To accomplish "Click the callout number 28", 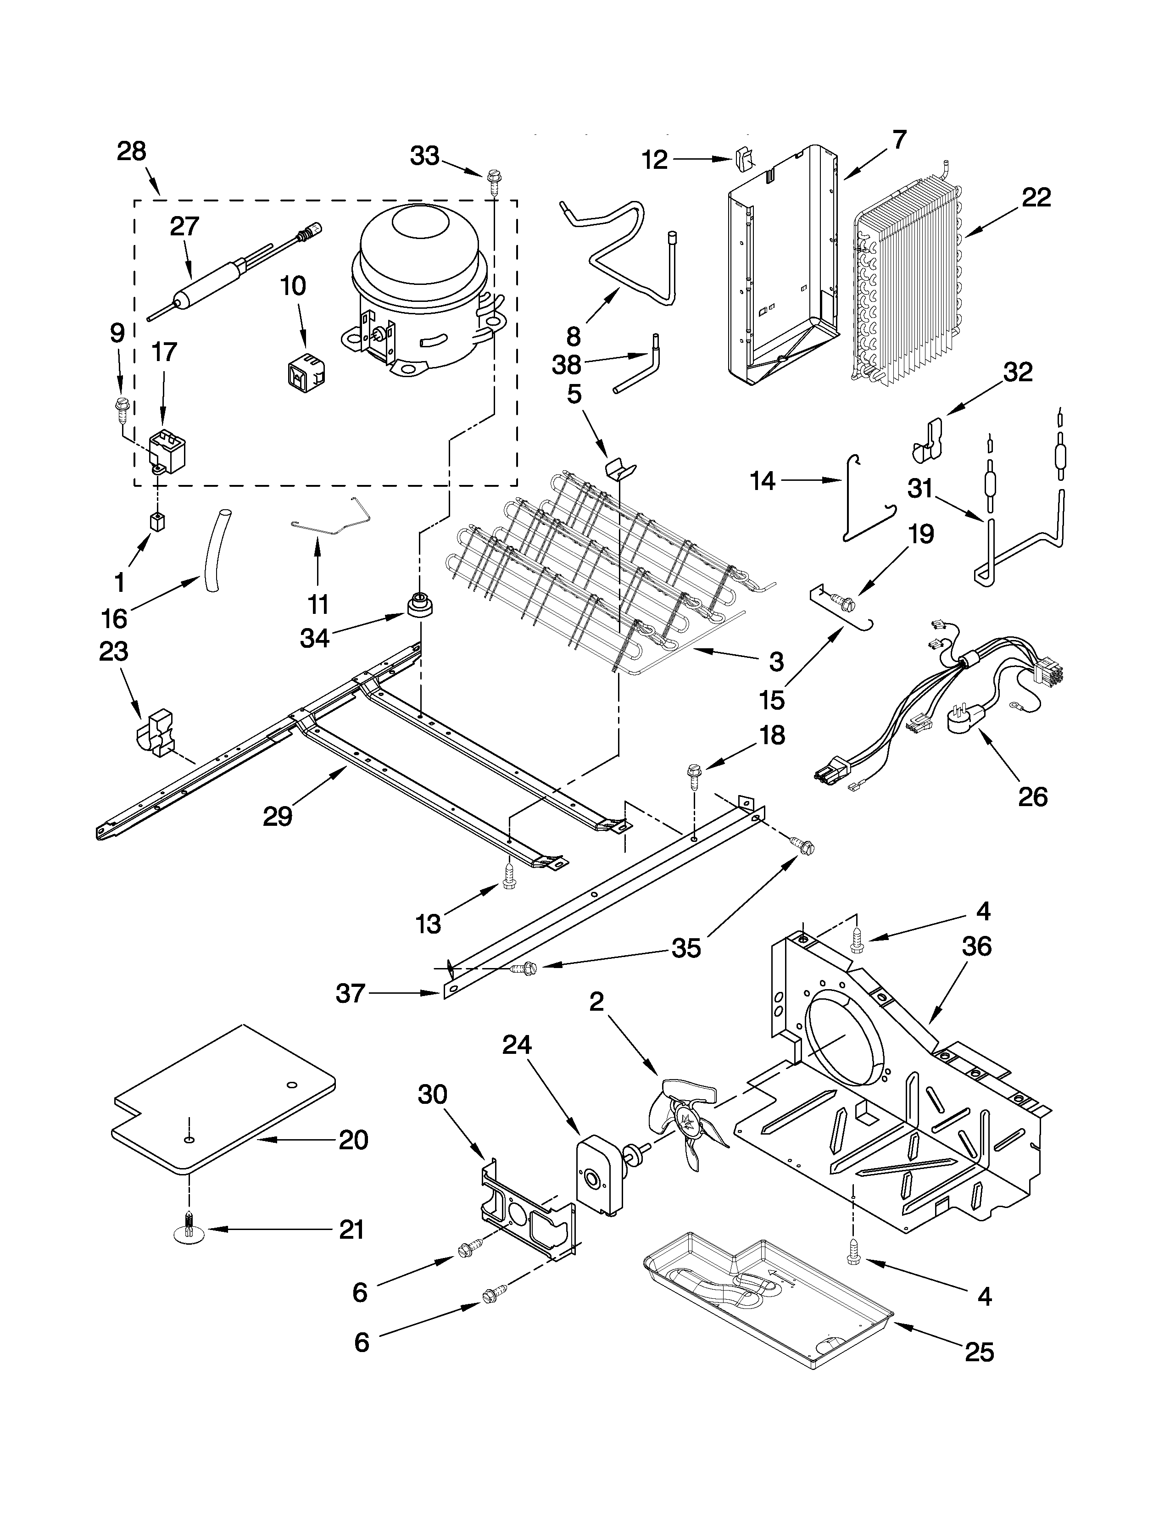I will click(x=131, y=151).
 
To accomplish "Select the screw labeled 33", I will click(x=494, y=179).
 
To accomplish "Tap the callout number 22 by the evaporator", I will click(x=1036, y=198).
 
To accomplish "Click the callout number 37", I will click(x=350, y=993).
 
